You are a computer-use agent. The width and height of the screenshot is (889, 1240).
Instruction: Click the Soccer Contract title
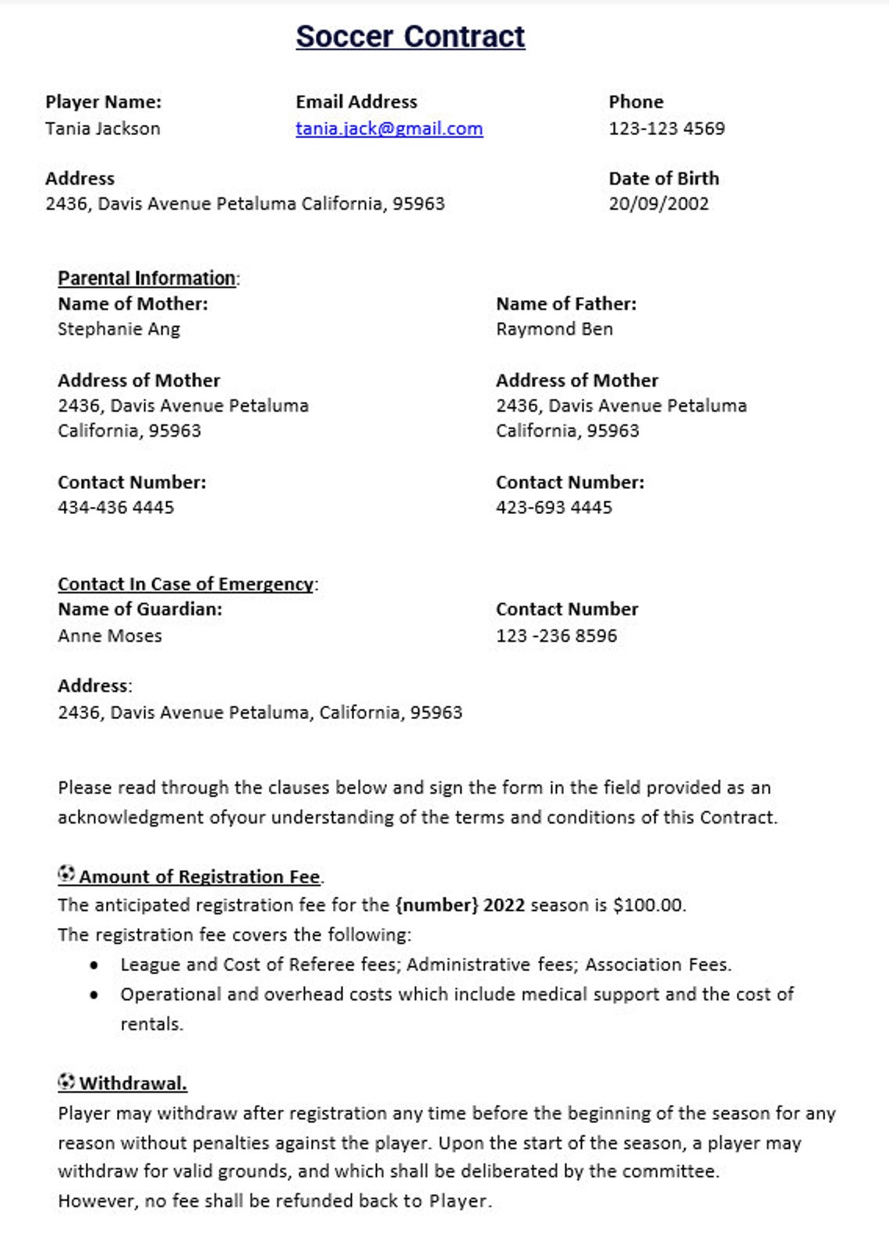410,37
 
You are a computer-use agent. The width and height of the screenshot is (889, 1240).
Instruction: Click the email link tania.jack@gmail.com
389,129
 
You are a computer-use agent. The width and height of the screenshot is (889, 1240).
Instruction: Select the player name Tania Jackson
103,129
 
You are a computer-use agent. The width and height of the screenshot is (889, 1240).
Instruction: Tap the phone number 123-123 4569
667,129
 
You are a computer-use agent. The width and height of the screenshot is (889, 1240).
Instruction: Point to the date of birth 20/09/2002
659,204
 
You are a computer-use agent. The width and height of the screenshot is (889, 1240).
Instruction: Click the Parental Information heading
147,278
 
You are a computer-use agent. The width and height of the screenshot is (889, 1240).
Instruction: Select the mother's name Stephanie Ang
119,329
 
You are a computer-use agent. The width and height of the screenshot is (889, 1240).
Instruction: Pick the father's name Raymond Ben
554,329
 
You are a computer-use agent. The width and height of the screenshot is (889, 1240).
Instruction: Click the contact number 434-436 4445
115,508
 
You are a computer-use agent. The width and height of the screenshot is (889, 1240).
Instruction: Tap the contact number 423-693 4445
554,508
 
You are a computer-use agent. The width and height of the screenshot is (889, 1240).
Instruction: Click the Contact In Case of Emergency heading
186,584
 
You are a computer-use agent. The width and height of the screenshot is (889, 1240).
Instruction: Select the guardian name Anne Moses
110,636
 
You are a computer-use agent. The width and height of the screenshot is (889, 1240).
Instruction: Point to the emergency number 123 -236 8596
556,636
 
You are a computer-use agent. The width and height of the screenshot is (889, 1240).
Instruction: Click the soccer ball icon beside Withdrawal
66,1082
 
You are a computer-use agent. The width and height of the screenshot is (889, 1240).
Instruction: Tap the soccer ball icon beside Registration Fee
66,874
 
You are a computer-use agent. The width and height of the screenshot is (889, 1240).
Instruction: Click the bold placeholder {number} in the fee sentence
436,905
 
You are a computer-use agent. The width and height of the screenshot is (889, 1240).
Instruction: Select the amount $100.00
649,905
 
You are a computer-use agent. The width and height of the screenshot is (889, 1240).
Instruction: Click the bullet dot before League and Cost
94,965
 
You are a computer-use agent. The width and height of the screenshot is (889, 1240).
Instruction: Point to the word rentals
151,1024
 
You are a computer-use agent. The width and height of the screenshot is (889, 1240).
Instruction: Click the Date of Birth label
664,179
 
